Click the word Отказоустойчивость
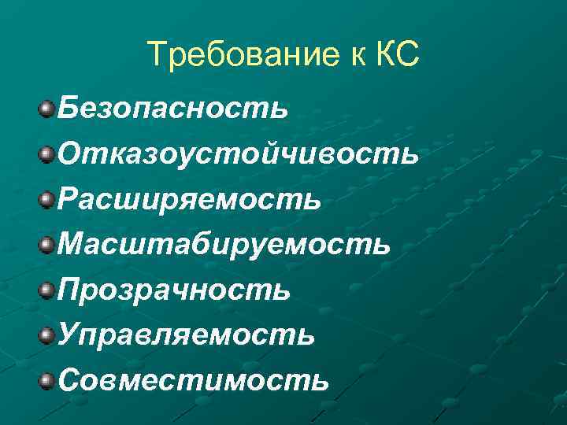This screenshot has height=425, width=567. coord(238,152)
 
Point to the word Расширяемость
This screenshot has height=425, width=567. coord(189,198)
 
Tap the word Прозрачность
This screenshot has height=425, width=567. coord(174,289)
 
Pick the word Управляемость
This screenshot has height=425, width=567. coord(187,334)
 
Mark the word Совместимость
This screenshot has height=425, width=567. coord(193,380)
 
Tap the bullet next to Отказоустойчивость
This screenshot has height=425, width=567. coord(47,152)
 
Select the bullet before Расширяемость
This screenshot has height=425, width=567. coord(47,198)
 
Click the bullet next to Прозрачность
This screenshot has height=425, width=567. coord(47,289)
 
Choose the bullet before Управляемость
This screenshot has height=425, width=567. coord(47,334)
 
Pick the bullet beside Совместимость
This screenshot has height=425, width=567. coord(47,380)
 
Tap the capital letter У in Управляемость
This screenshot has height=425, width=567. coord(69,334)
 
